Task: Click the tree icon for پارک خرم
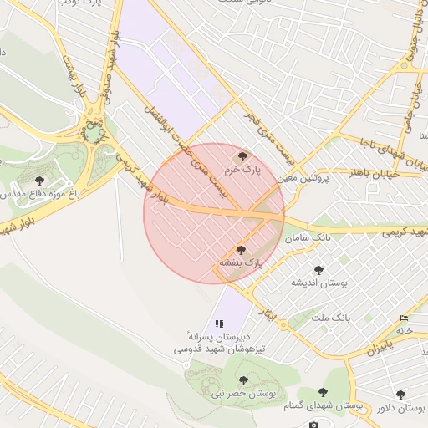coord(242,155)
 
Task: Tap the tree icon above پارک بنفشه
coord(242,249)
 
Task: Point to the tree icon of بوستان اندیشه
coord(318,270)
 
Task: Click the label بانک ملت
coord(329,318)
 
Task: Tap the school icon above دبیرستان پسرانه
coord(219,323)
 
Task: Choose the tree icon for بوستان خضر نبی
coord(243,380)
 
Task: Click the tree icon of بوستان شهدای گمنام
coord(323,392)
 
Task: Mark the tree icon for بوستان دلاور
coord(400,394)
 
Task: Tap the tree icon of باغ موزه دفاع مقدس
coord(39,181)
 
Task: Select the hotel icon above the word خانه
coord(405,318)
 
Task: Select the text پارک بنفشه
coord(242,262)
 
